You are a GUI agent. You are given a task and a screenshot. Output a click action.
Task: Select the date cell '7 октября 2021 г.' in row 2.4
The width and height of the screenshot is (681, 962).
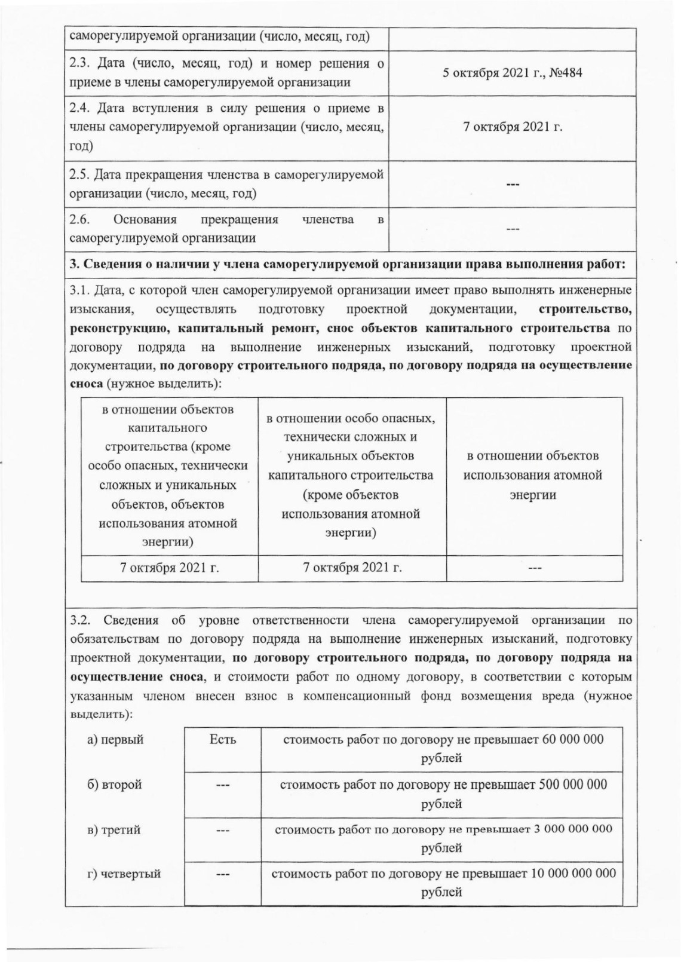pos(513,127)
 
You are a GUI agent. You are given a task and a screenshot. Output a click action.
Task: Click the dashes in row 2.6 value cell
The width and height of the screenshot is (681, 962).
pos(513,229)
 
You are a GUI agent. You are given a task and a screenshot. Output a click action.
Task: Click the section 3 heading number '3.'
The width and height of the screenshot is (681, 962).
pos(74,265)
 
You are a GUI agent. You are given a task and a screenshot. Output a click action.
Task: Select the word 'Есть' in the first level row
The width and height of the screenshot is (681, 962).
pos(223,740)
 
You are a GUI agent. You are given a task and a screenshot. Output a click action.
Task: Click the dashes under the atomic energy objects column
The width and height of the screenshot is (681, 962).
pos(534,568)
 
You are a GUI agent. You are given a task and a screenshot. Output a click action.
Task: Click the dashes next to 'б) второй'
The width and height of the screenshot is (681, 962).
pos(223,785)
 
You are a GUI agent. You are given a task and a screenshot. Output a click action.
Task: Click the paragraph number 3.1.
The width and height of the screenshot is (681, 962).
pos(79,290)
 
